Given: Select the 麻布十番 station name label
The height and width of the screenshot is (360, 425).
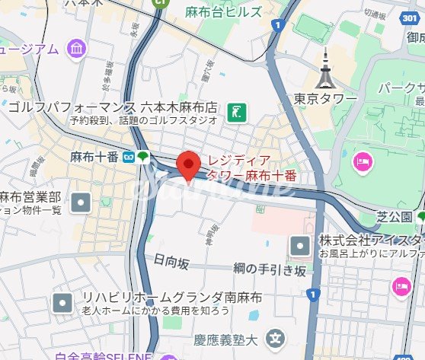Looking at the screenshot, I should coord(94,157).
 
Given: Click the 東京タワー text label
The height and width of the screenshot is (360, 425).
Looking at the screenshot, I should coord(325,99).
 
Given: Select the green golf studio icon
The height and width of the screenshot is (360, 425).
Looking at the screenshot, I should coord(237,113).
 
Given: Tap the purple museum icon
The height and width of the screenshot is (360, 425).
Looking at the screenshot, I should coord(76,49).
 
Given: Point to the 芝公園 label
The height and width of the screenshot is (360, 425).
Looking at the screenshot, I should coord(394,218).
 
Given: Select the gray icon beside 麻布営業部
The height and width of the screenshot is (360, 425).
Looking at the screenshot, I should coord(81,202).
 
